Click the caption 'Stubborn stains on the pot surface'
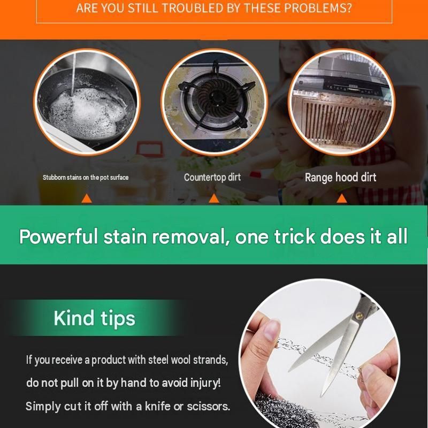click(x=86, y=178)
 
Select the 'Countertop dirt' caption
click(x=212, y=178)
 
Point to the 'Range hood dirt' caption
click(x=340, y=178)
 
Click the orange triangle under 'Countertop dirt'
click(x=213, y=198)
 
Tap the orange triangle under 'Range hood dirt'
click(x=341, y=198)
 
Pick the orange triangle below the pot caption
click(x=87, y=198)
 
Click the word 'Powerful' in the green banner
click(x=58, y=236)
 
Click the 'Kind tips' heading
click(x=95, y=318)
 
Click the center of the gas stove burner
click(x=218, y=96)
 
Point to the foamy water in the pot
click(x=86, y=112)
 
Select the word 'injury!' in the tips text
click(x=205, y=383)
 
